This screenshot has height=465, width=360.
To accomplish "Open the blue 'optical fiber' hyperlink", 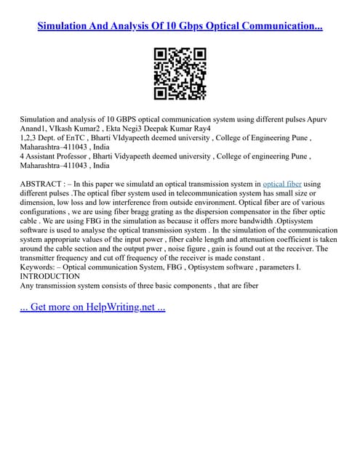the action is (281, 185).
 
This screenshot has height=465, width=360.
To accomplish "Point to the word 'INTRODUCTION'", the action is (50, 276).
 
